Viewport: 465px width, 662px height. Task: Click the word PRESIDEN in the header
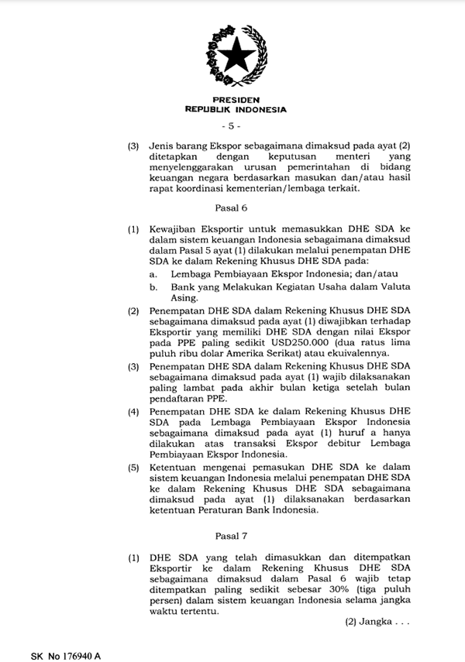pos(235,101)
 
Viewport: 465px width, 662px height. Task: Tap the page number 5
pos(232,125)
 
